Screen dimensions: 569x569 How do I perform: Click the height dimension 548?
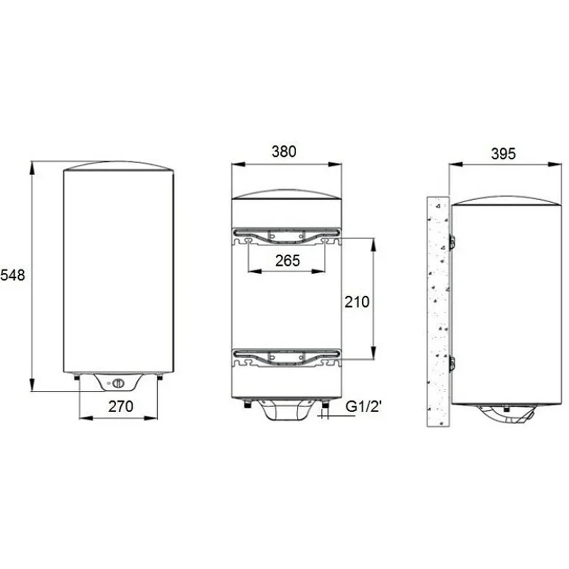pyautogui.click(x=13, y=275)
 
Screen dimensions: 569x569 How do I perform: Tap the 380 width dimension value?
pyautogui.click(x=284, y=151)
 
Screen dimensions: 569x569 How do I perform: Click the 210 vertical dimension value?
pyautogui.click(x=356, y=302)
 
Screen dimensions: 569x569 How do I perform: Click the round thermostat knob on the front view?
pyautogui.click(x=119, y=384)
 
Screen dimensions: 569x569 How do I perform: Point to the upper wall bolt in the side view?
pyautogui.click(x=450, y=242)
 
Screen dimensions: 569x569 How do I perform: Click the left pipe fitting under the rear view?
pyautogui.click(x=246, y=405)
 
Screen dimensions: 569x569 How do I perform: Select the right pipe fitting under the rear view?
pyautogui.click(x=324, y=405)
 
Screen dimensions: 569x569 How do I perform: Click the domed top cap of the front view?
pyautogui.click(x=119, y=166)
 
